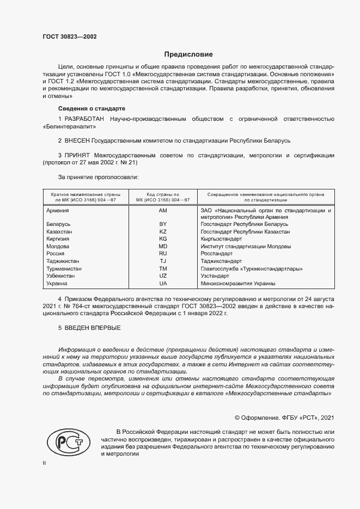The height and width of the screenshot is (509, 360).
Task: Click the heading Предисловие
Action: click(x=188, y=54)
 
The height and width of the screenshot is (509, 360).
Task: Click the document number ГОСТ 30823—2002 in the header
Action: click(x=70, y=38)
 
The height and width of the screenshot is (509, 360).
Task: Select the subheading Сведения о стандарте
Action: click(x=91, y=108)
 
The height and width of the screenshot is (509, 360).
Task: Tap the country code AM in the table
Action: click(x=162, y=210)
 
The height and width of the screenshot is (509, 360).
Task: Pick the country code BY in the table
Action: click(x=162, y=224)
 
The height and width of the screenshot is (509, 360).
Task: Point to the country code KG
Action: click(x=162, y=239)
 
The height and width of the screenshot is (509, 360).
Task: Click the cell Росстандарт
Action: click(x=217, y=254)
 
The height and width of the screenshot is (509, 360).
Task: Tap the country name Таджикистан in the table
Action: click(x=64, y=261)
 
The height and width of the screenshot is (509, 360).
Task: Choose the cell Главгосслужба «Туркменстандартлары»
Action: click(x=252, y=269)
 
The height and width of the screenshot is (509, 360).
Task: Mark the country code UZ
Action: click(x=162, y=276)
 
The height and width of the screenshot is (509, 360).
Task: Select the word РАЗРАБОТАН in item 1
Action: click(x=84, y=119)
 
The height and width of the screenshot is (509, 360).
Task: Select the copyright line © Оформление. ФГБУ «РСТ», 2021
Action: click(x=284, y=418)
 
